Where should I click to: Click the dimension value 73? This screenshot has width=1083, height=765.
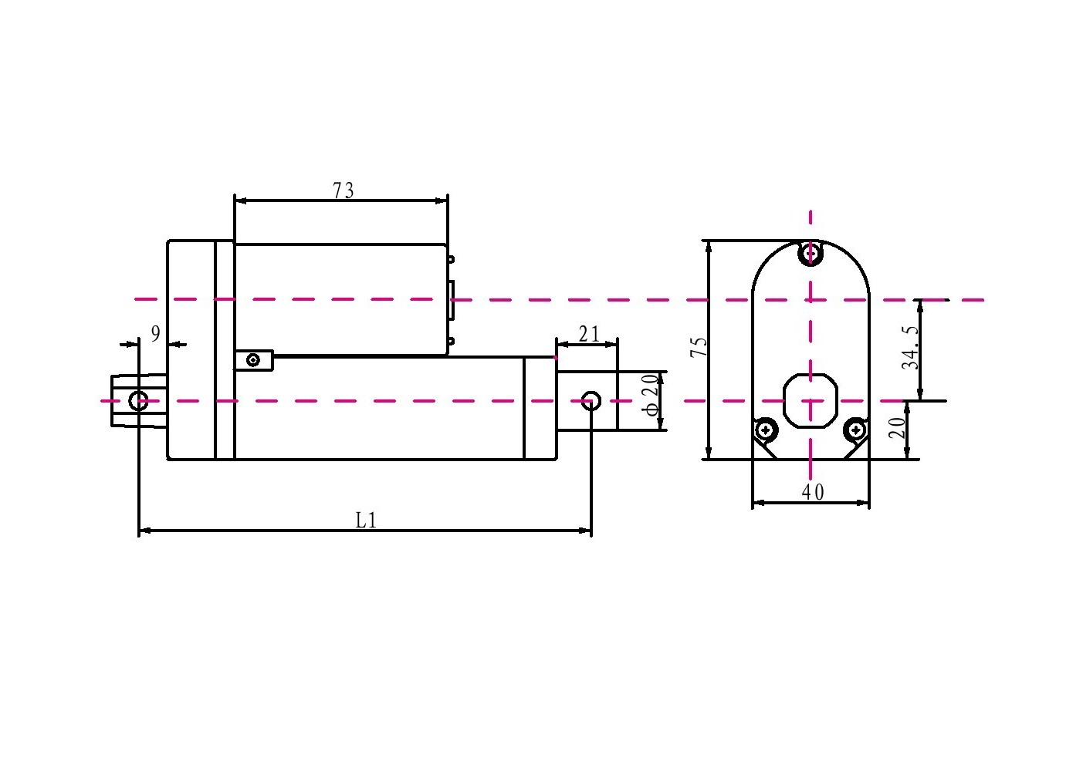pyautogui.click(x=344, y=190)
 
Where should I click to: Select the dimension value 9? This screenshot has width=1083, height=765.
pyautogui.click(x=155, y=334)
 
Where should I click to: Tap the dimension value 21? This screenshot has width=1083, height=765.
pyautogui.click(x=589, y=334)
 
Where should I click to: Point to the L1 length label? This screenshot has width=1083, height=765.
pyautogui.click(x=366, y=520)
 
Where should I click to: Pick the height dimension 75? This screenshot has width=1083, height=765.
pyautogui.click(x=699, y=346)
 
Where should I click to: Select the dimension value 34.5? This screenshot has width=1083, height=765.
pyautogui.click(x=911, y=347)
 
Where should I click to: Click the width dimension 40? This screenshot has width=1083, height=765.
pyautogui.click(x=812, y=492)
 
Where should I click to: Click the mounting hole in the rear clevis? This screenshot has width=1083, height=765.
pyautogui.click(x=138, y=401)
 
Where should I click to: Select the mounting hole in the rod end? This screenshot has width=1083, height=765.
pyautogui.click(x=591, y=400)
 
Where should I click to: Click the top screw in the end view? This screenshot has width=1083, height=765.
pyautogui.click(x=810, y=252)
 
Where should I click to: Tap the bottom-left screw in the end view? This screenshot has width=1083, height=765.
pyautogui.click(x=765, y=429)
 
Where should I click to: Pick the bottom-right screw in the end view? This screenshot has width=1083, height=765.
pyautogui.click(x=855, y=429)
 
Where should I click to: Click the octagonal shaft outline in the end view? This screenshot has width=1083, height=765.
pyautogui.click(x=810, y=400)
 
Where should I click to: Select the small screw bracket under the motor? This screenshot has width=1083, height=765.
pyautogui.click(x=254, y=359)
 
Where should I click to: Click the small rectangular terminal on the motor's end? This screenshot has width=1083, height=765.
pyautogui.click(x=452, y=300)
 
